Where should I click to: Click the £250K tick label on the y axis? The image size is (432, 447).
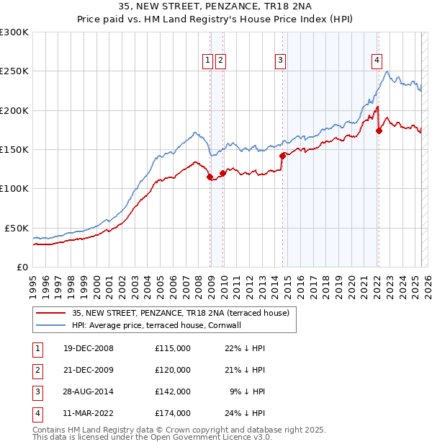pos(14,71)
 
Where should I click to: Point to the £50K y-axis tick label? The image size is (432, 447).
pos(17,228)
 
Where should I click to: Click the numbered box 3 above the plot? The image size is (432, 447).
pos(280,61)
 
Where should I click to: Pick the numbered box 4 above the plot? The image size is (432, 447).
pos(377,61)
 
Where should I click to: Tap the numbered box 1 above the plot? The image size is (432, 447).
pos(207,61)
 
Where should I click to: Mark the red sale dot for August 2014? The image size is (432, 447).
pos(282,156)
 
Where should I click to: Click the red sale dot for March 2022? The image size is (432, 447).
pos(379,130)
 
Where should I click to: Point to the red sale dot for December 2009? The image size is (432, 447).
pos(222,173)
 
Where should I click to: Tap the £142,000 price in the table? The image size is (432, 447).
pos(173,391)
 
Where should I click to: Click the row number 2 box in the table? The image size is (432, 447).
pos(37,370)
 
